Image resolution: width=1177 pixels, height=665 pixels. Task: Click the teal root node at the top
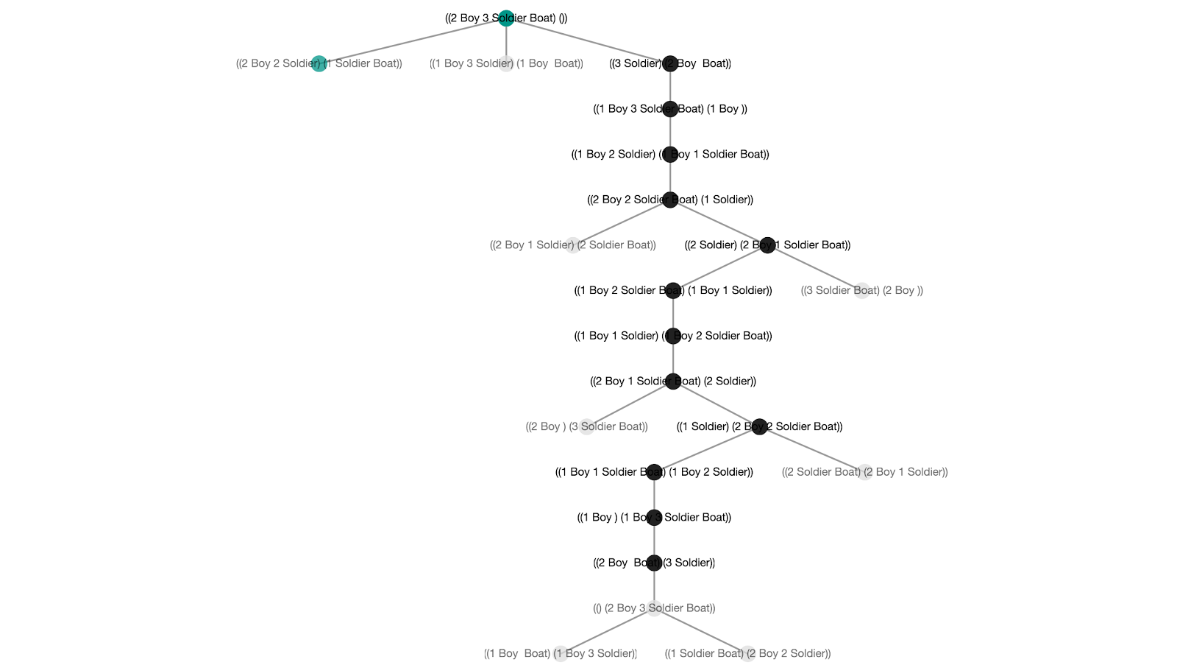click(506, 18)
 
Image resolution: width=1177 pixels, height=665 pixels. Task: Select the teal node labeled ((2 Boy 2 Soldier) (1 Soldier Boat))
click(319, 63)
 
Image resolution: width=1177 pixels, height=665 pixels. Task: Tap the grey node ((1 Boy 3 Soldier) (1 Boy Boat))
click(506, 63)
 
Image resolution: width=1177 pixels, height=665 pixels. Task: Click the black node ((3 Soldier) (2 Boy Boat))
click(669, 63)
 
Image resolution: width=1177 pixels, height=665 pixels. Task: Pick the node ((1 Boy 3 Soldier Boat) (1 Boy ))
click(669, 109)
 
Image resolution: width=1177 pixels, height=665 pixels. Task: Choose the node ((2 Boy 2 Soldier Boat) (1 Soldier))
click(669, 200)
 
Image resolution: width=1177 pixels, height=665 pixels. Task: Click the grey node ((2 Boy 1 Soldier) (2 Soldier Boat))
click(573, 245)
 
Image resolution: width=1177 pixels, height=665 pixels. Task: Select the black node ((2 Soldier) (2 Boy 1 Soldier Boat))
click(767, 245)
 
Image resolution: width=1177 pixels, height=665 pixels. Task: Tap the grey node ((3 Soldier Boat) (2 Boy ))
click(862, 290)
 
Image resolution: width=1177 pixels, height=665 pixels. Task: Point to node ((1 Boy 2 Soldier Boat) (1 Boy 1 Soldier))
click(673, 290)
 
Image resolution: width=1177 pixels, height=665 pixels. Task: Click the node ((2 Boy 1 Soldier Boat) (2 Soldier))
click(673, 381)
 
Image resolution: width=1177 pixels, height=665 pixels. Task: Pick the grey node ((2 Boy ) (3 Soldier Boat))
click(586, 426)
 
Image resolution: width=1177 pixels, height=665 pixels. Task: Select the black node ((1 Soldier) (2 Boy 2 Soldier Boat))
click(759, 426)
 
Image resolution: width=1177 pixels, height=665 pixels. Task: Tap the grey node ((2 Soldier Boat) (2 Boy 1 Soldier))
click(865, 472)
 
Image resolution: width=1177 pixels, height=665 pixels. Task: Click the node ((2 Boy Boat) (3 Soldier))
click(654, 563)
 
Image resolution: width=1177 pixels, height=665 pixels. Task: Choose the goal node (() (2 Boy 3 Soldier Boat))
click(654, 608)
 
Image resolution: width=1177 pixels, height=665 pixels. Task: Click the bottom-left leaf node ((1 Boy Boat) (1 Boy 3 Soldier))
click(561, 653)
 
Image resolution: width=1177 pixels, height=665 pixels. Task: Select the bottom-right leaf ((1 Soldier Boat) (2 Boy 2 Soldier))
click(747, 653)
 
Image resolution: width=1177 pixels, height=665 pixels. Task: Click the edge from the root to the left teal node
click(412, 41)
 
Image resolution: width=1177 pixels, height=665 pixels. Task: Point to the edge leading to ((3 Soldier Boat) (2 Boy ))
click(815, 268)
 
